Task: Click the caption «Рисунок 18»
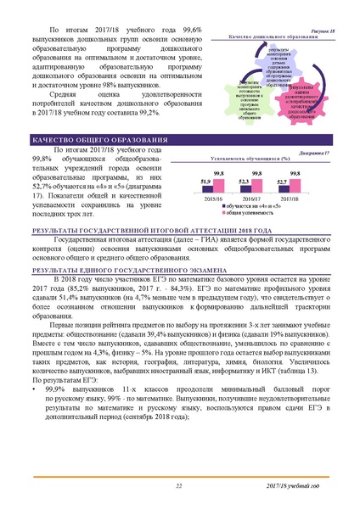point(321,31)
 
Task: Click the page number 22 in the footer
point(179,484)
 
